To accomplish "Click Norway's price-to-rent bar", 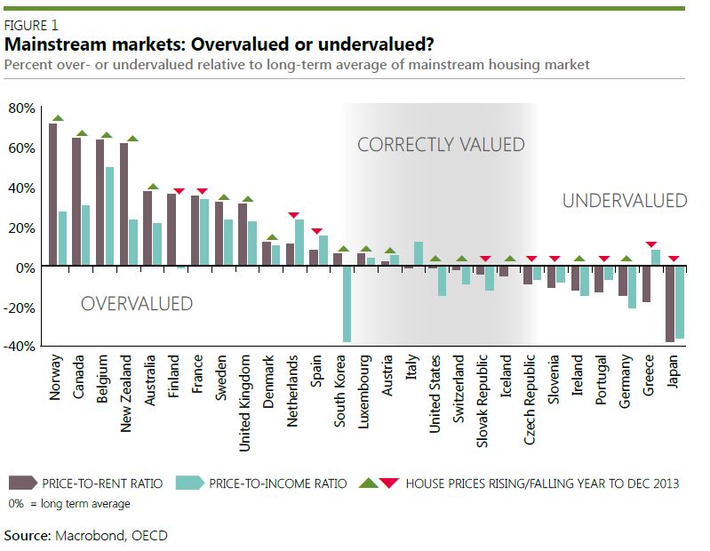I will coord(53,195).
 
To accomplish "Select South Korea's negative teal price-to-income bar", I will coord(347,304).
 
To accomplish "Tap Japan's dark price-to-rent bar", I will coord(670,304).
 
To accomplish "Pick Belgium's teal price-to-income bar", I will coord(109,217).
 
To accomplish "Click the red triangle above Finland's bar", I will coord(179,191).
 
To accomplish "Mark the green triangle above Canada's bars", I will coord(82,133).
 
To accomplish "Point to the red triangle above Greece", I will coord(651,244).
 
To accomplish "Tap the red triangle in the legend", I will coord(387,483).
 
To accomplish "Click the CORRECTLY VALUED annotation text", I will coord(441,145).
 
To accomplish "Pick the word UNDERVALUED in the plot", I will coord(624,201).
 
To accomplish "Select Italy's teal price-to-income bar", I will coord(419,254).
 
